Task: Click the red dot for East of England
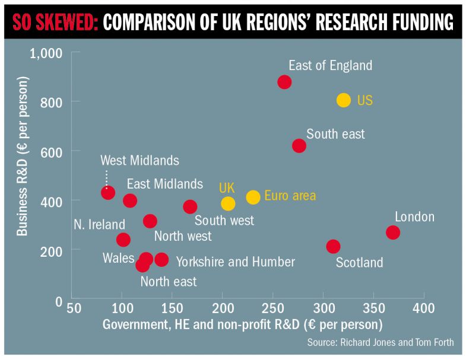click(x=284, y=82)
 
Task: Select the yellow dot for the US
click(x=344, y=100)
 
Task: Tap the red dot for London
click(x=392, y=232)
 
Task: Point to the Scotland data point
click(x=333, y=246)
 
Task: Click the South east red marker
click(x=299, y=145)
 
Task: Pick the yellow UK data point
click(x=228, y=203)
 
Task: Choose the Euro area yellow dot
click(x=253, y=197)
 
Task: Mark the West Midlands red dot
click(x=108, y=192)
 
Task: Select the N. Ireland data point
click(x=123, y=240)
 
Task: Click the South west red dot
click(x=190, y=206)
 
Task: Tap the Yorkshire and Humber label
click(x=235, y=262)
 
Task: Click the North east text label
click(x=168, y=282)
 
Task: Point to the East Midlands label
click(x=164, y=184)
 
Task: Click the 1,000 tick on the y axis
click(x=46, y=53)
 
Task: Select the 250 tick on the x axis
click(x=272, y=309)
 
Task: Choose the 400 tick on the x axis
click(x=424, y=309)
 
